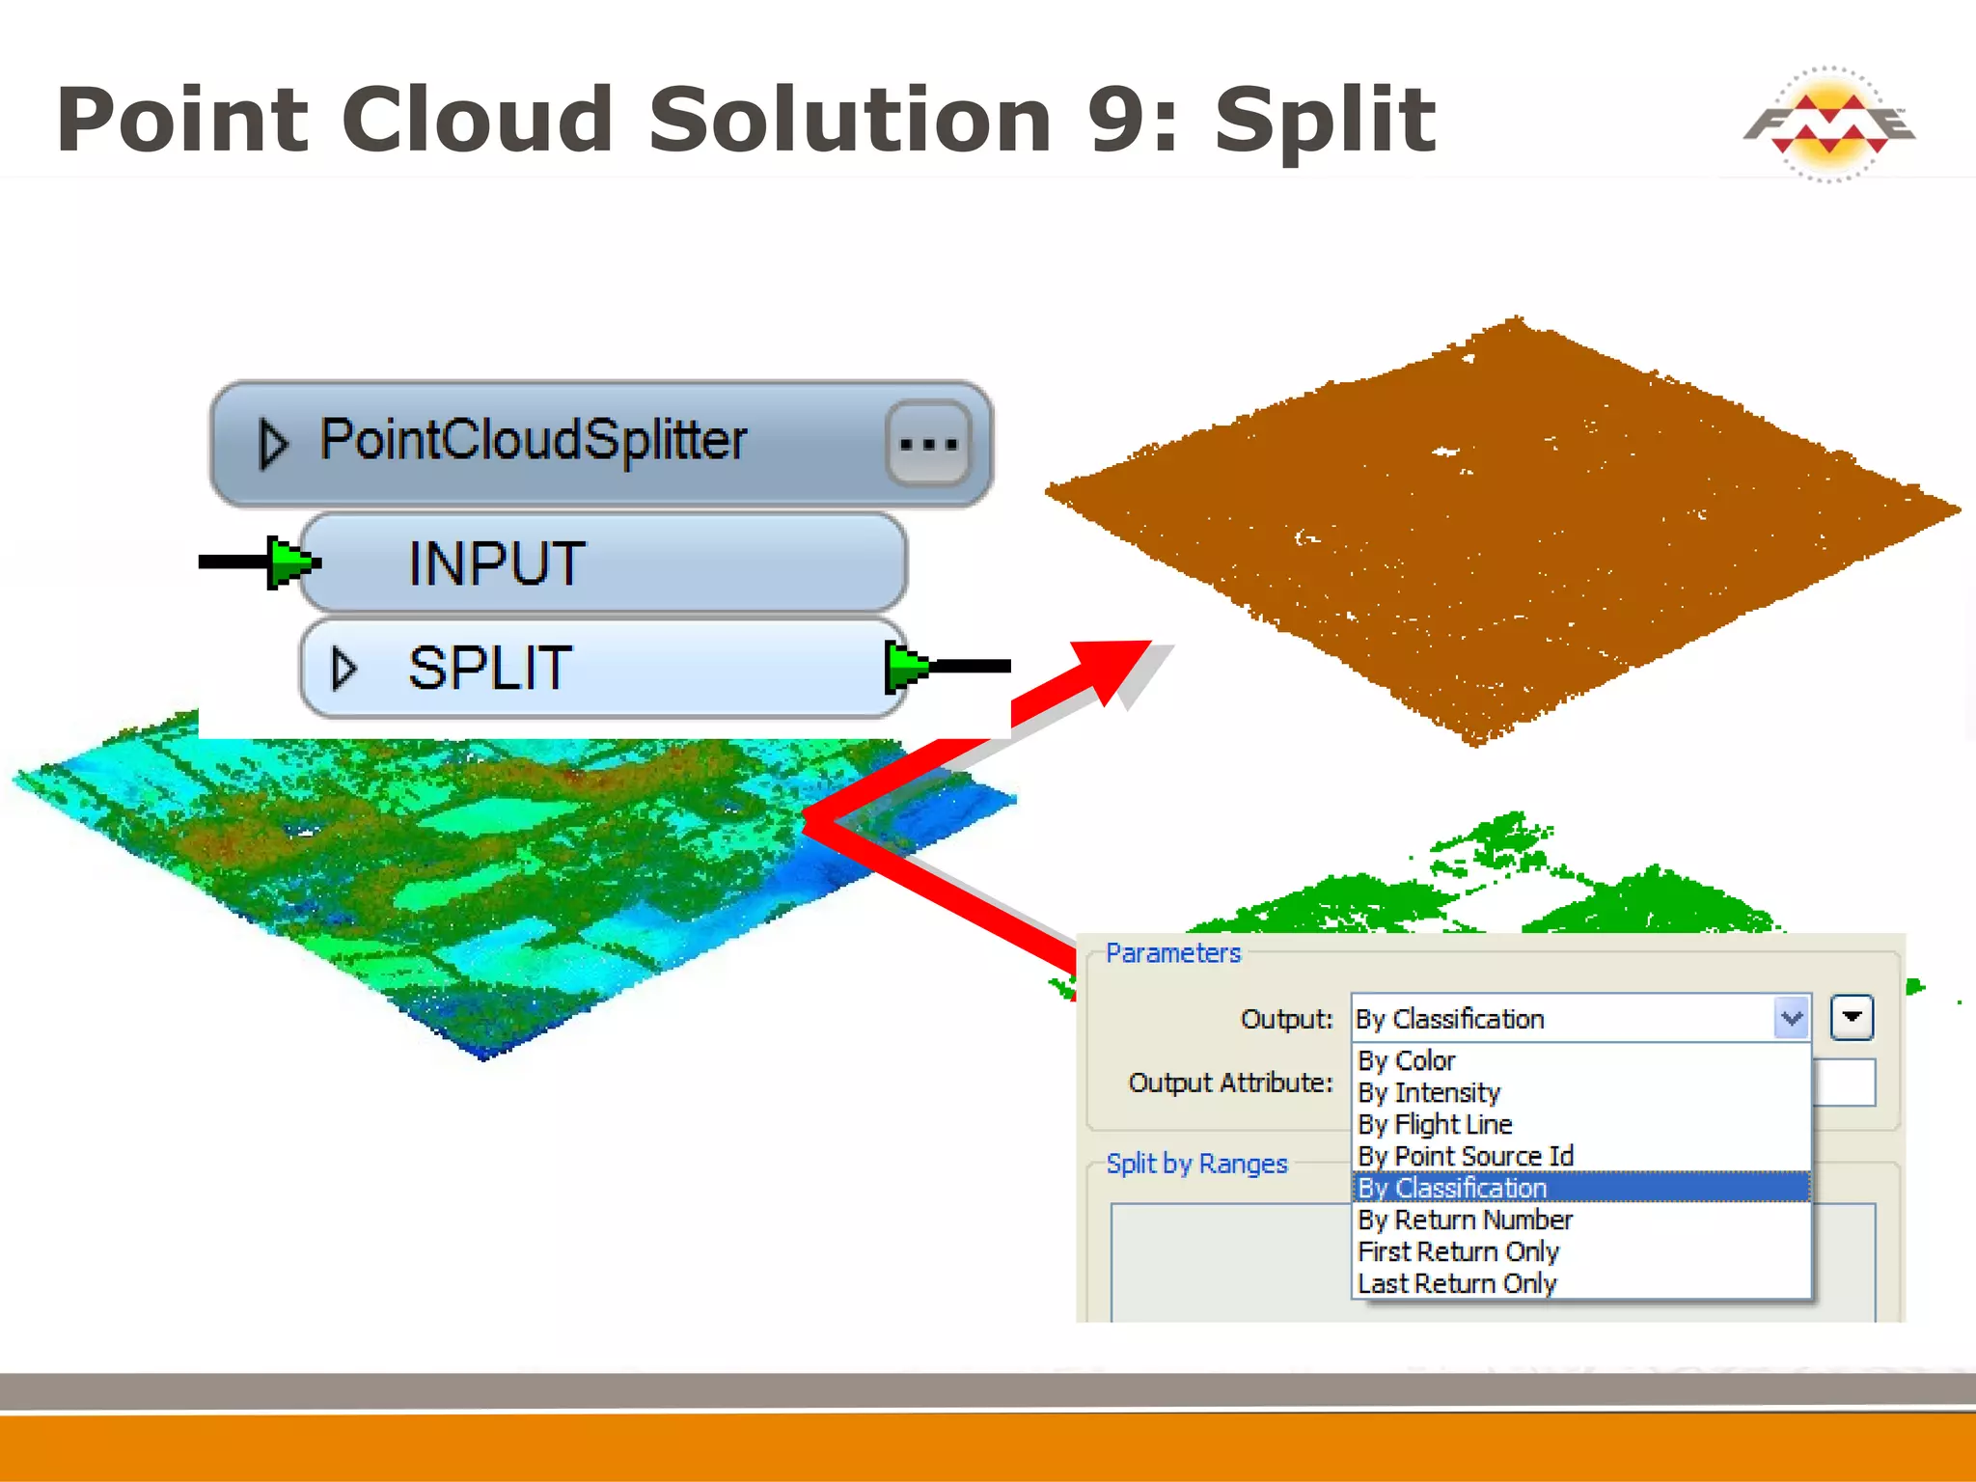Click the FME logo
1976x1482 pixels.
(1828, 124)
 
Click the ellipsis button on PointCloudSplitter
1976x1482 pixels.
(928, 444)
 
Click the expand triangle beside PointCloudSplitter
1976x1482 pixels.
(273, 444)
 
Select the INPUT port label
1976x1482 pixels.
(496, 563)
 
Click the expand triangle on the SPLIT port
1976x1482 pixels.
(343, 668)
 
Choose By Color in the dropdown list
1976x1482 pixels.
(1407, 1060)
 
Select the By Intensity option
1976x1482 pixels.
(1429, 1092)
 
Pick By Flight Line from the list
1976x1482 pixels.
(1435, 1124)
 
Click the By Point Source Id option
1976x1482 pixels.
(1466, 1156)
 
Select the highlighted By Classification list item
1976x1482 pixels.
(1452, 1188)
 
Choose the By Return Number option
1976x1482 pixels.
(1465, 1220)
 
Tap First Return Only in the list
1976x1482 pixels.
(1458, 1251)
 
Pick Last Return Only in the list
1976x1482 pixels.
(1457, 1283)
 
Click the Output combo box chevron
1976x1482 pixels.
(1792, 1019)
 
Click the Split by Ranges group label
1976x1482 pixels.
(1196, 1164)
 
